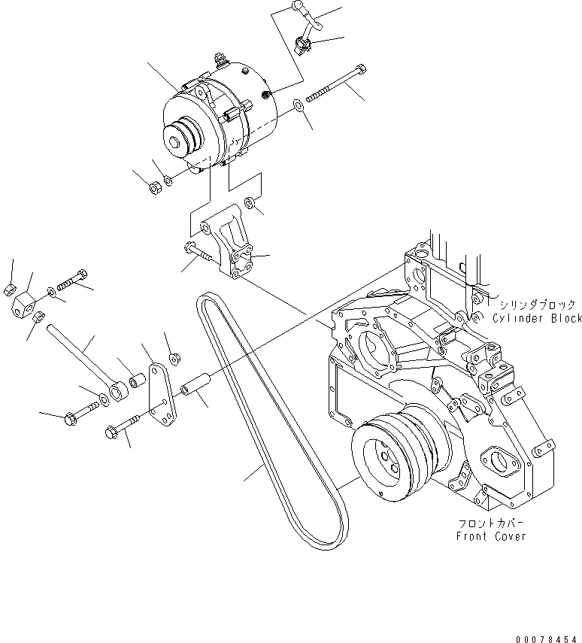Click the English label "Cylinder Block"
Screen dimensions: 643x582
[x=537, y=319]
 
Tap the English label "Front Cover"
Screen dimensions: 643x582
[x=491, y=536]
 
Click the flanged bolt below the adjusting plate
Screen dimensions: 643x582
[x=123, y=427]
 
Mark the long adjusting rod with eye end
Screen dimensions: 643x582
[x=83, y=354]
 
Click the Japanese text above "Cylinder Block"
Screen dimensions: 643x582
[x=535, y=305]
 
